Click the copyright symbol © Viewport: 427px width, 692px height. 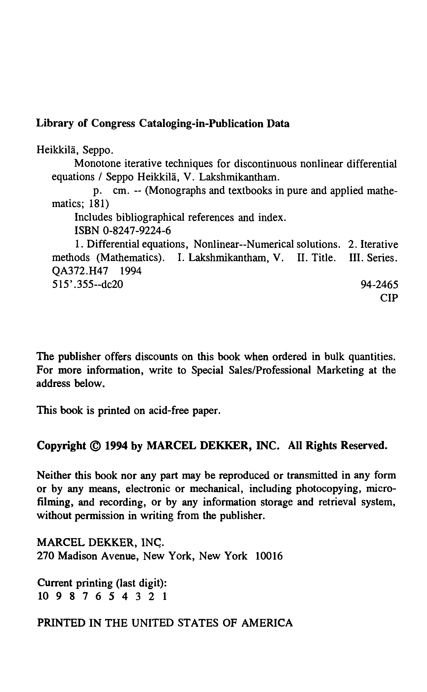click(95, 445)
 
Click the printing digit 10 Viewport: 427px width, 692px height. click(43, 596)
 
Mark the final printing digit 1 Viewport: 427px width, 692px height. click(165, 596)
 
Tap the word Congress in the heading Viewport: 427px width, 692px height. click(113, 124)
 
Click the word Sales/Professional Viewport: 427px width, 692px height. click(251, 370)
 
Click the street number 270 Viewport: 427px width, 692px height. click(46, 556)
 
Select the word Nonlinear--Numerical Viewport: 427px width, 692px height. click(244, 244)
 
